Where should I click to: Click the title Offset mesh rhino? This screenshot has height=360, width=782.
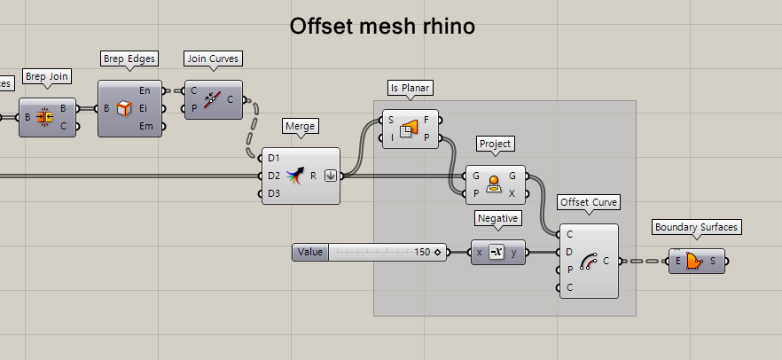382,27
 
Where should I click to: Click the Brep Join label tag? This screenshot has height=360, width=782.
48,77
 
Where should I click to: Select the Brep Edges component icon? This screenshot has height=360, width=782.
124,108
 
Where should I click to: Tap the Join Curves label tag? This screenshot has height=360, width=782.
213,59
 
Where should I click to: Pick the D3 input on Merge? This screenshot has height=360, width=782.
274,192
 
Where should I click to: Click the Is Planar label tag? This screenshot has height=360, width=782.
411,88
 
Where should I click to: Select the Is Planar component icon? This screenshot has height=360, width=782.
410,129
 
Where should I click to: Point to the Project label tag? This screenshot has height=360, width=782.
497,144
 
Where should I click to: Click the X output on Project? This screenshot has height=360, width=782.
512,193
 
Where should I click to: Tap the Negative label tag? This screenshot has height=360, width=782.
497,218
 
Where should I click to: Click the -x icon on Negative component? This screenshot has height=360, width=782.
497,253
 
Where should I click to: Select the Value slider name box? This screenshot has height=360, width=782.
310,253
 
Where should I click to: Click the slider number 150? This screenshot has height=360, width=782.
422,253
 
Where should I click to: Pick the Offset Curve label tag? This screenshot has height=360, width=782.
589,202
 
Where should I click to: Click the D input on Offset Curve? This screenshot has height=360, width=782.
569,252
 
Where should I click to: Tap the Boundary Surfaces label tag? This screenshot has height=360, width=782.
696,227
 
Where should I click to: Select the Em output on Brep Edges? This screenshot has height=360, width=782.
144,126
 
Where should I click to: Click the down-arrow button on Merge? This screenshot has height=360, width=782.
329,175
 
